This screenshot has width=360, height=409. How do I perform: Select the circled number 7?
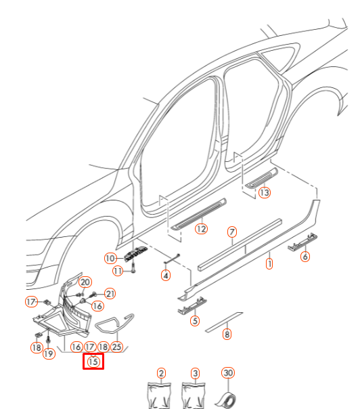point(231,232)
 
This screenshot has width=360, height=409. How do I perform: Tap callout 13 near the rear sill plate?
point(263,193)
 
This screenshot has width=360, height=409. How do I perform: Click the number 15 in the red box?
point(93,362)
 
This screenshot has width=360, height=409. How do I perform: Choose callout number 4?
point(165,275)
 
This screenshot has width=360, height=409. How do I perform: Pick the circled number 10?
point(110,258)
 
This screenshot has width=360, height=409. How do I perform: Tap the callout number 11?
point(117,272)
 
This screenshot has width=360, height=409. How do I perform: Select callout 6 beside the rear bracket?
point(305,257)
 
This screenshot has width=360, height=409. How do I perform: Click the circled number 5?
point(195,321)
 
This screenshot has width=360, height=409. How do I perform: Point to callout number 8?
point(227,334)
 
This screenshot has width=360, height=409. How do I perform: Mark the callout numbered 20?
point(85,282)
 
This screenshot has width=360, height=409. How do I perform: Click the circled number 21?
point(110,293)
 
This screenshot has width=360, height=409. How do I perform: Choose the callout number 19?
point(49,353)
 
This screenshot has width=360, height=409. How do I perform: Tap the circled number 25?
point(116,347)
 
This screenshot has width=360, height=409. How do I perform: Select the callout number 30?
point(228,373)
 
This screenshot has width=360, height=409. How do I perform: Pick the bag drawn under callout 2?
point(160,395)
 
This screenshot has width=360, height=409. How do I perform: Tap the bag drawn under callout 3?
point(195,395)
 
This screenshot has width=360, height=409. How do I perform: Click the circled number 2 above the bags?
point(161,373)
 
